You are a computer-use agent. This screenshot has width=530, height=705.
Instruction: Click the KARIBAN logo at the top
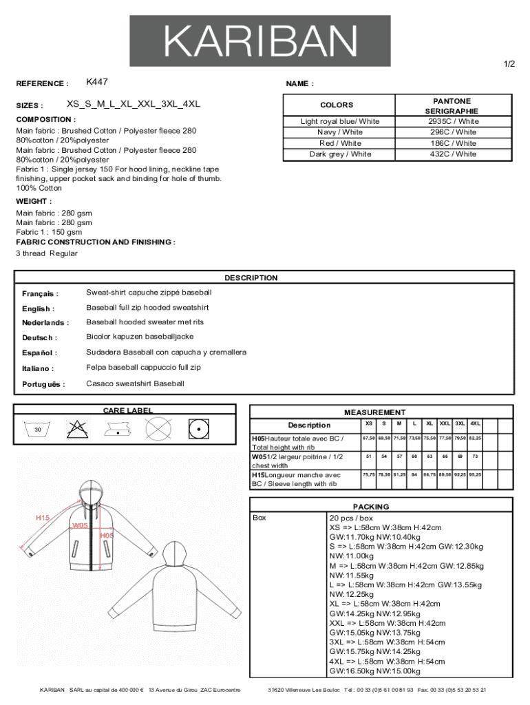pos(260,41)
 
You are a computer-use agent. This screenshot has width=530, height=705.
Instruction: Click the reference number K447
pos(97,82)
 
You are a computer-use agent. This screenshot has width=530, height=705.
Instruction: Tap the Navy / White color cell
pos(340,132)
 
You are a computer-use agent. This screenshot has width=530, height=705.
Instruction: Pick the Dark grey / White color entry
pos(340,154)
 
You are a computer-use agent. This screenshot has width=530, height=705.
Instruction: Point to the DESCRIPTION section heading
pos(251,278)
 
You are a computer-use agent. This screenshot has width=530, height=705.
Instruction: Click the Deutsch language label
pos(39,338)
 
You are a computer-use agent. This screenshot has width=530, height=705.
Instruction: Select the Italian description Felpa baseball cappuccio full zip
pos(143,368)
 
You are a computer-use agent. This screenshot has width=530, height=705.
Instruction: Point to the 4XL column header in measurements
pos(476,423)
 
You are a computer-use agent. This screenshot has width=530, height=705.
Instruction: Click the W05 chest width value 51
pos(369,456)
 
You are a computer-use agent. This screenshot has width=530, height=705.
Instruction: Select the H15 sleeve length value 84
pos(414,474)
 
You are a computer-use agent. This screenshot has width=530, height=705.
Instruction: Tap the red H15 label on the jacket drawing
pos(43,518)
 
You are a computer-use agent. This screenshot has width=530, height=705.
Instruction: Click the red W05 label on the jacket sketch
pos(81,525)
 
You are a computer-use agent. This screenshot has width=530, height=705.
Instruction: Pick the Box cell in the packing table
pos(259,518)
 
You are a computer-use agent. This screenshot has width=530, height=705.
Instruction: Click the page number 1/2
pos(509,64)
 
